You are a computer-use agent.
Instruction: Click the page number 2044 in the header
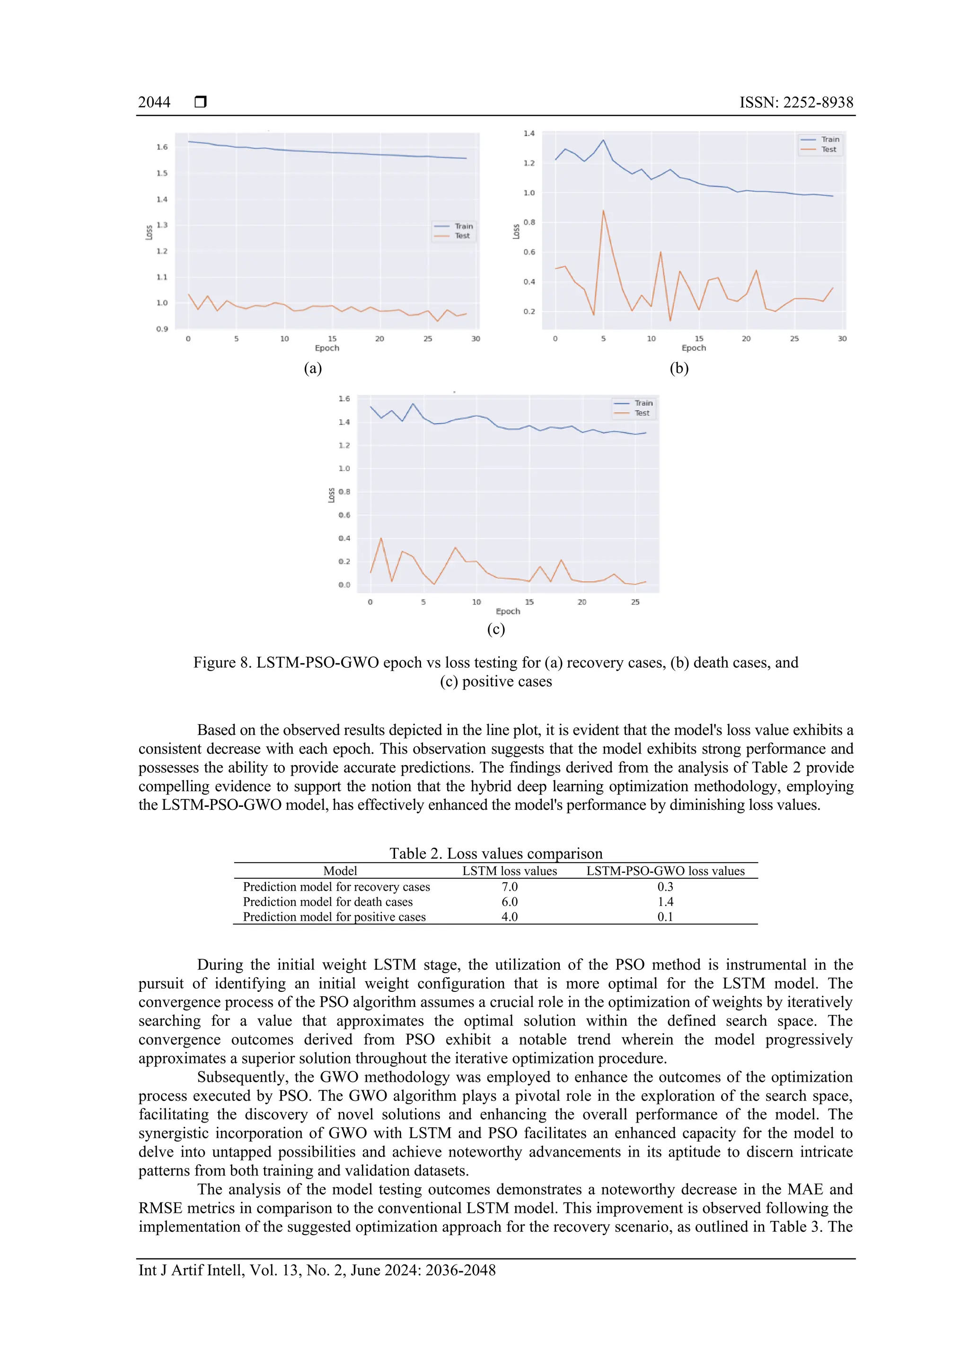pyautogui.click(x=154, y=103)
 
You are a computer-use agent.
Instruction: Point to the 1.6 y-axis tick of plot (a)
pyautogui.click(x=162, y=147)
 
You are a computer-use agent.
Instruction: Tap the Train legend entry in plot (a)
pyautogui.click(x=463, y=226)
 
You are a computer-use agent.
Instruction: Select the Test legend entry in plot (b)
pyautogui.click(x=828, y=149)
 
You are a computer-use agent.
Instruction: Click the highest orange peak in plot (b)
pyautogui.click(x=603, y=211)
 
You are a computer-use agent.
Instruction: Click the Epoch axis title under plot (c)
pyautogui.click(x=508, y=611)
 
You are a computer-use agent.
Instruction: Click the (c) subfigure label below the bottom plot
pyautogui.click(x=496, y=629)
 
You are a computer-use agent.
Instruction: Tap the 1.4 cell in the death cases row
pyautogui.click(x=665, y=902)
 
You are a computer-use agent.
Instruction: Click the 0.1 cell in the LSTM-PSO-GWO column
pyautogui.click(x=665, y=917)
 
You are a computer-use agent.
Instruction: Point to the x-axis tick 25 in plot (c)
pyautogui.click(x=635, y=602)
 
